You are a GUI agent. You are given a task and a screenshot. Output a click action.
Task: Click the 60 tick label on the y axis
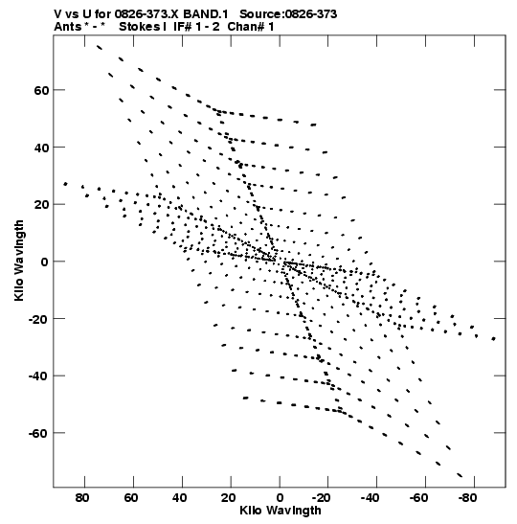pos(41,90)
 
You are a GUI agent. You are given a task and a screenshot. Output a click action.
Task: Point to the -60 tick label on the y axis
pos(38,433)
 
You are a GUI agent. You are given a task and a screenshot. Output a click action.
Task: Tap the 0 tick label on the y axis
pos(45,262)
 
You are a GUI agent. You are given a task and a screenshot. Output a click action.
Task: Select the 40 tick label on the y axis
pos(41,148)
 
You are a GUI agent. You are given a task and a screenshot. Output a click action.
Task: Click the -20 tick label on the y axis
pos(38,319)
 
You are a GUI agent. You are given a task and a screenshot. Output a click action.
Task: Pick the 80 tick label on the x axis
pos(82,498)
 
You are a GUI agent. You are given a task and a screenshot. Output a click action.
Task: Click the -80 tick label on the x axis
pos(466,498)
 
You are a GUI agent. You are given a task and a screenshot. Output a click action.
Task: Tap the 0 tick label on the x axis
pos(280,498)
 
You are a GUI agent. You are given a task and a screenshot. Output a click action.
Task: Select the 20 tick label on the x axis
pos(229,498)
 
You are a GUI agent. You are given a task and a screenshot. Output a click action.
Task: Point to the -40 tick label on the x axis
pos(370,498)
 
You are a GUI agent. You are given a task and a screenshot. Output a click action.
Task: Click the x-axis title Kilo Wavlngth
pos(281,511)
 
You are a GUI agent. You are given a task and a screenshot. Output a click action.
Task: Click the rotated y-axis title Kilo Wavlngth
pos(19,261)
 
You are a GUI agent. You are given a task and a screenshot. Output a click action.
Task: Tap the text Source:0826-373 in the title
pos(288,14)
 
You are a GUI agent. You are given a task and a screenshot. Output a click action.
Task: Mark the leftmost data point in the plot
pos(65,184)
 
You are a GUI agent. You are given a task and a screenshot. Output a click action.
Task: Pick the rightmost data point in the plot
pos(494,339)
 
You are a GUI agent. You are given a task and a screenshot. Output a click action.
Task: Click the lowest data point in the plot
pos(460,475)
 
